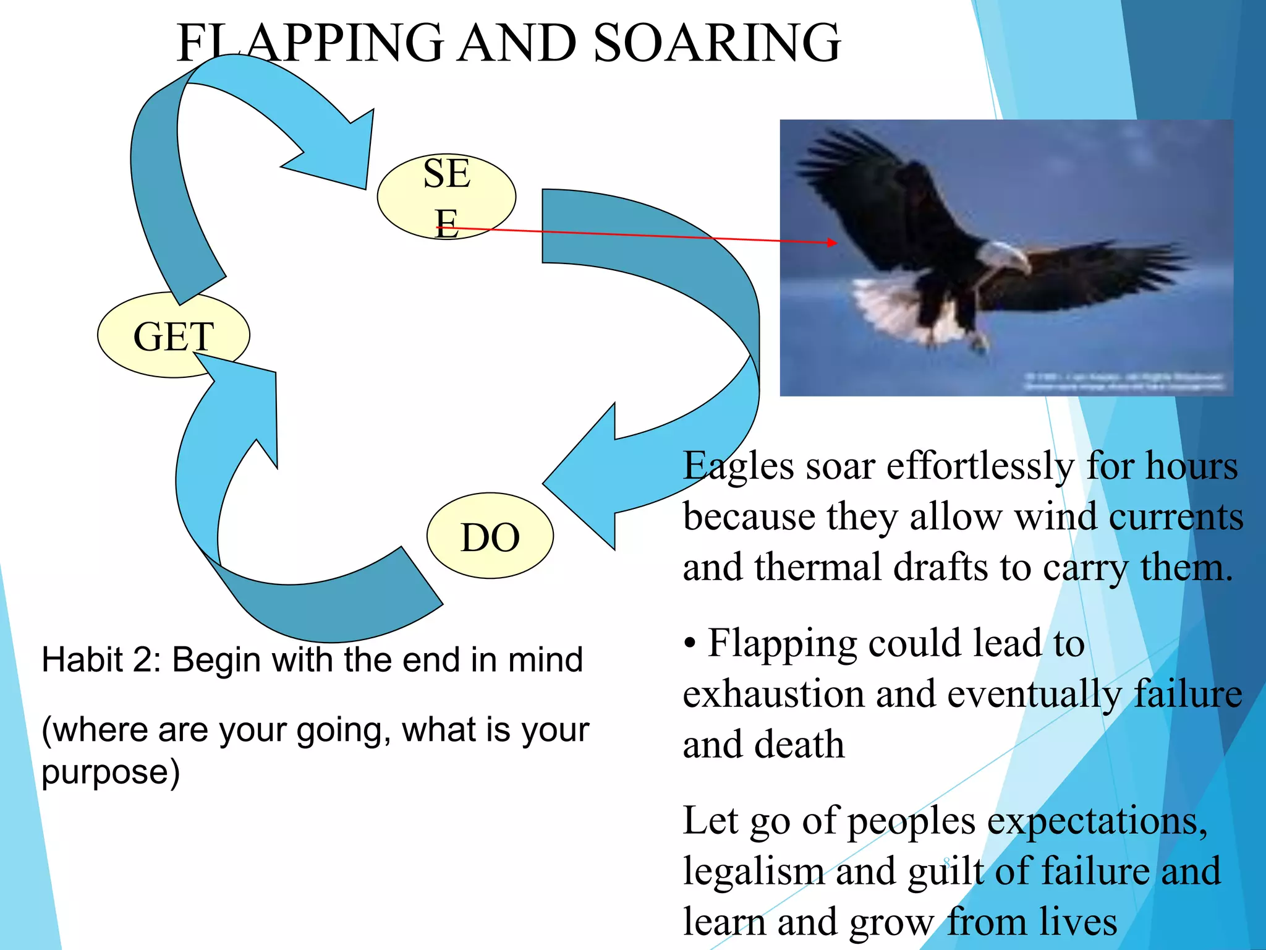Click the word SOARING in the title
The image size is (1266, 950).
point(717,43)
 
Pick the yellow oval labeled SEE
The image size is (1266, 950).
point(446,197)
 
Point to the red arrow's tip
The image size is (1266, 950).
point(836,243)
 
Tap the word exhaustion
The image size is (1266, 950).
point(773,695)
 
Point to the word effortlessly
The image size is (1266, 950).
point(980,466)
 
